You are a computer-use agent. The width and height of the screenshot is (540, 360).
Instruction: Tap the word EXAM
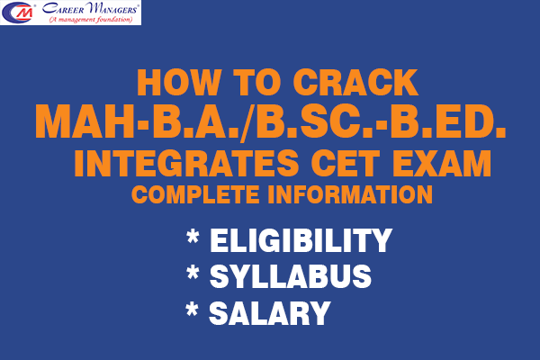440,166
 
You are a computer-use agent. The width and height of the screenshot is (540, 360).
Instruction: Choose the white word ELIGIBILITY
301,241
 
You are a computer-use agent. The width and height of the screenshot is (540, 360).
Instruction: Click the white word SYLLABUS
290,277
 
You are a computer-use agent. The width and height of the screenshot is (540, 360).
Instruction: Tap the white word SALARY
269,313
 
